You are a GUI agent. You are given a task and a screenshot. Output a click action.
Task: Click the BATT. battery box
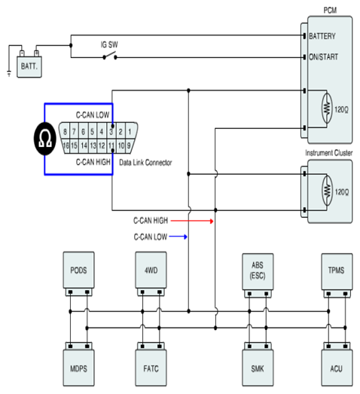tap(29, 66)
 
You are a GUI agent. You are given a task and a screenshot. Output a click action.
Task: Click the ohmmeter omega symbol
tap(45, 139)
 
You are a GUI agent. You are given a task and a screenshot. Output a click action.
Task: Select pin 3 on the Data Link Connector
tap(111, 131)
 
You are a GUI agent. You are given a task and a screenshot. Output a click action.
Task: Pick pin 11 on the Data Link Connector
tap(111, 145)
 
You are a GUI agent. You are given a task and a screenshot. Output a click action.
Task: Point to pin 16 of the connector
tap(66, 145)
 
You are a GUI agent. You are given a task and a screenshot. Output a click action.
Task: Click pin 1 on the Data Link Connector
tap(130, 131)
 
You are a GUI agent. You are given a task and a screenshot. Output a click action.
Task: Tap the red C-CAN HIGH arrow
tap(192, 221)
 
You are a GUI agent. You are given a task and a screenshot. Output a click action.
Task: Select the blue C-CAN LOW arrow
tap(178, 237)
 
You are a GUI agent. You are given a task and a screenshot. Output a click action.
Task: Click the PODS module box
tap(78, 270)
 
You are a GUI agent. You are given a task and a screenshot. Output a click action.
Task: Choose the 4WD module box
tap(151, 270)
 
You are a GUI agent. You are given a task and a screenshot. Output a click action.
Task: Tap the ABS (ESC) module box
tap(258, 271)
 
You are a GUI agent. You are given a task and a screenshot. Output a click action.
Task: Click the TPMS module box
tap(337, 271)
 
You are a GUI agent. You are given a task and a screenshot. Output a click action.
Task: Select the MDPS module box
tap(78, 368)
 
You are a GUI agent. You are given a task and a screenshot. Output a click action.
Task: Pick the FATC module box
tap(151, 368)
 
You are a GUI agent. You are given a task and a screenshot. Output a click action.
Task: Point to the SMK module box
tap(258, 368)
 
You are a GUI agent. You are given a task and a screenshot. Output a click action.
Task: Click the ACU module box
tap(337, 368)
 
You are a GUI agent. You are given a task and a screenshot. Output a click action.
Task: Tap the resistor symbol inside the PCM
tap(327, 108)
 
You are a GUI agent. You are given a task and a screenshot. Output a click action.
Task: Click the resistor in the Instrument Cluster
tap(327, 191)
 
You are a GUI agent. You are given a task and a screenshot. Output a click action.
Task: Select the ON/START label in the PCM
tap(323, 57)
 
